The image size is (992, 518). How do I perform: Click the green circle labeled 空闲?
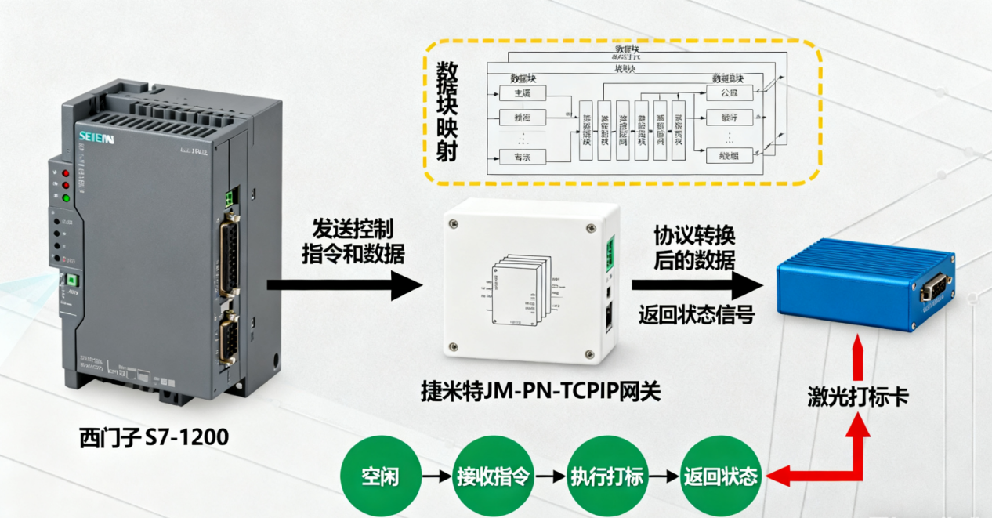tap(380, 476)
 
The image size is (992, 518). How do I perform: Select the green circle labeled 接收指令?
tap(492, 476)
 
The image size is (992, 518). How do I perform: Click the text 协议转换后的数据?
tap(695, 248)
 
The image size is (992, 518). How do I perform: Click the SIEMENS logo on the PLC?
tap(96, 138)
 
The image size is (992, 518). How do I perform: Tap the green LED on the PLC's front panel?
tap(66, 198)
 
